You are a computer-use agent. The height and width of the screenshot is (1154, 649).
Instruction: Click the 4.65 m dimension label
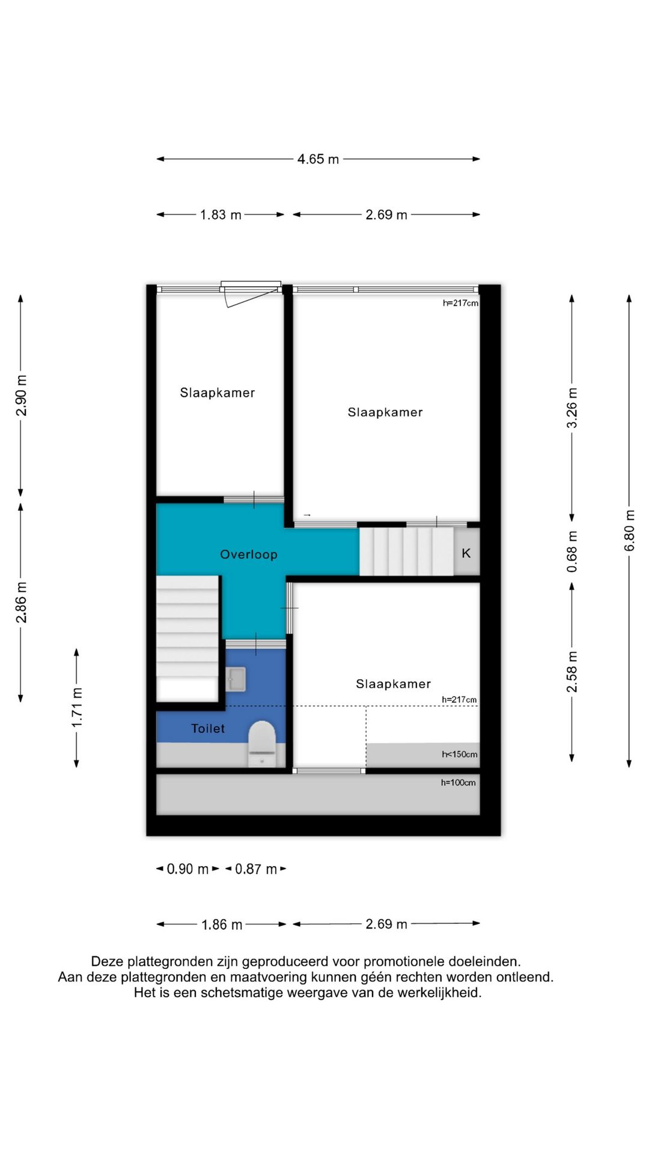click(x=318, y=159)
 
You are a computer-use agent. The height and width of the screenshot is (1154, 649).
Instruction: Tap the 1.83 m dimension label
click(x=221, y=215)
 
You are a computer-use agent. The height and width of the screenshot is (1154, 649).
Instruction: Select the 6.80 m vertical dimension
click(x=629, y=530)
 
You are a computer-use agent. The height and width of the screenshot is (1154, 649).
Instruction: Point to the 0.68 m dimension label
click(x=572, y=552)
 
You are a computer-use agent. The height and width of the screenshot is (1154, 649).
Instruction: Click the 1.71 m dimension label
click(x=77, y=707)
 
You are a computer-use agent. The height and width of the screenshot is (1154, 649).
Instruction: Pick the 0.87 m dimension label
click(x=256, y=869)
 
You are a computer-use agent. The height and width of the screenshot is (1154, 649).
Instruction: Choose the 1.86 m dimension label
click(x=222, y=924)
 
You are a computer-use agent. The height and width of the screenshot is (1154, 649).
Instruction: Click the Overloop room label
click(x=249, y=554)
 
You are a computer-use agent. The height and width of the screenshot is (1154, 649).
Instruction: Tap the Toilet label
click(x=208, y=728)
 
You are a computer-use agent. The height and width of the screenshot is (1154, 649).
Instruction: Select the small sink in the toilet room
click(x=236, y=679)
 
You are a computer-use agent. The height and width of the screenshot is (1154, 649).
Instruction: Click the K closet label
click(x=466, y=553)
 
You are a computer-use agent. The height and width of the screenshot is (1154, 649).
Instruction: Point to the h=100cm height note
click(x=458, y=783)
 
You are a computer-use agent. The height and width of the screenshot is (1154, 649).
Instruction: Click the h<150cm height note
click(x=460, y=754)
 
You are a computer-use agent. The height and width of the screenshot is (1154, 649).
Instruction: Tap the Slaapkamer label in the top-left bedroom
click(x=218, y=393)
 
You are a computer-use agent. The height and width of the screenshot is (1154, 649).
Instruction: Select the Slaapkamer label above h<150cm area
click(x=393, y=684)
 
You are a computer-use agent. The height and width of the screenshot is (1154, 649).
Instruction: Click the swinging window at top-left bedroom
click(x=251, y=293)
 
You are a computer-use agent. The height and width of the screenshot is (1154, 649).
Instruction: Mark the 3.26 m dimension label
click(x=572, y=408)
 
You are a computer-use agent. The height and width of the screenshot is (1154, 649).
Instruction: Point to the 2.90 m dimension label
click(x=21, y=395)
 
